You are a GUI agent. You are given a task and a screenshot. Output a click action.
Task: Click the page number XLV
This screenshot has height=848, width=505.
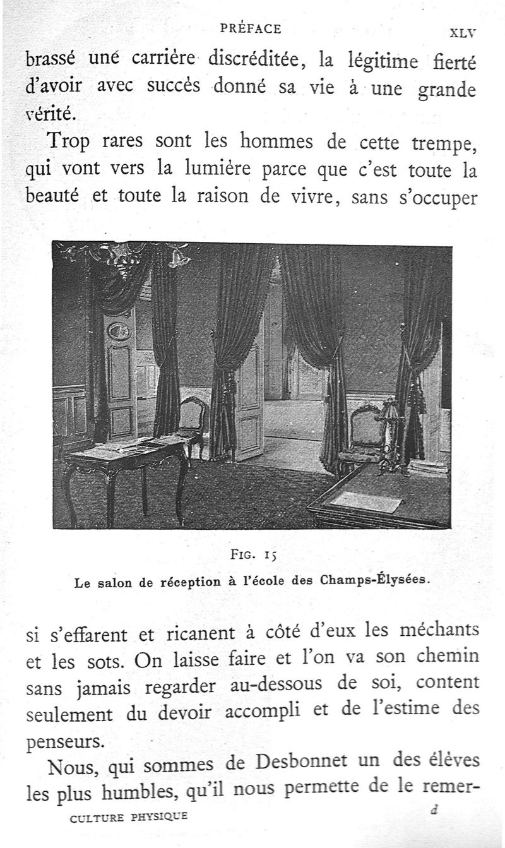(462, 33)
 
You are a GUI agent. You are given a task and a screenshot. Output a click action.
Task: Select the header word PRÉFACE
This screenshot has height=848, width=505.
(251, 28)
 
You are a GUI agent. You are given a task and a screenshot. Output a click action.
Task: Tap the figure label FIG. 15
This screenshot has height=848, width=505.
(252, 556)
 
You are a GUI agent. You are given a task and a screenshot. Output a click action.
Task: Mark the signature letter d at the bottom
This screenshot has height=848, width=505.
(433, 811)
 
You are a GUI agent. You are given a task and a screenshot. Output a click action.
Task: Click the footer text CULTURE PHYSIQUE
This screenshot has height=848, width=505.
(129, 817)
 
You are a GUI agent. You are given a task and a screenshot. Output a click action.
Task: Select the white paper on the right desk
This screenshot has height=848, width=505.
(366, 501)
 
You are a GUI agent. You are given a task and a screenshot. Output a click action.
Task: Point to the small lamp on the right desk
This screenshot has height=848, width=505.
(389, 429)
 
